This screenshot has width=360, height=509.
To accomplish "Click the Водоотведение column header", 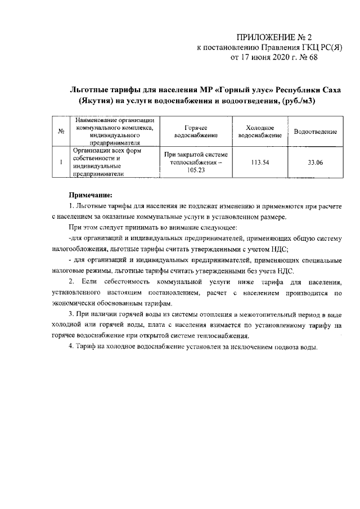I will pos(315,132).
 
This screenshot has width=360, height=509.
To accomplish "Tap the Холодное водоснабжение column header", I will pos(260,132).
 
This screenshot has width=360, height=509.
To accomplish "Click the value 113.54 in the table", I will pos(260,163).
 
